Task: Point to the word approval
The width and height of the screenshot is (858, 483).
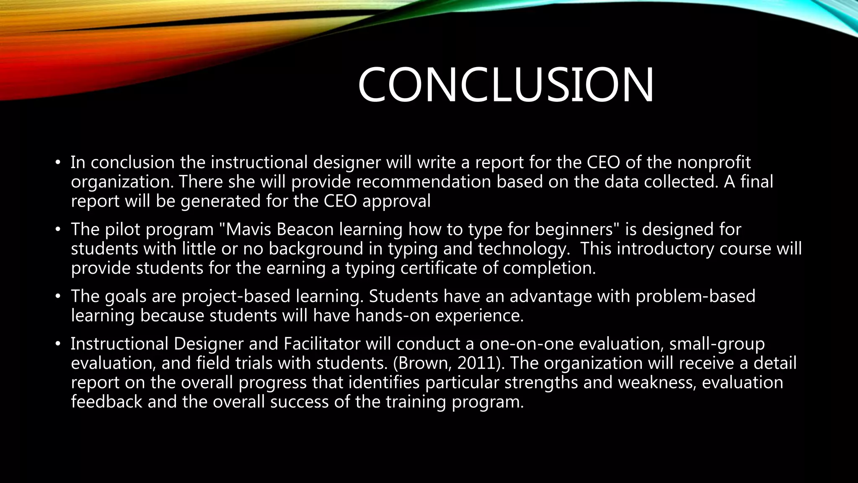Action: pos(396,202)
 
